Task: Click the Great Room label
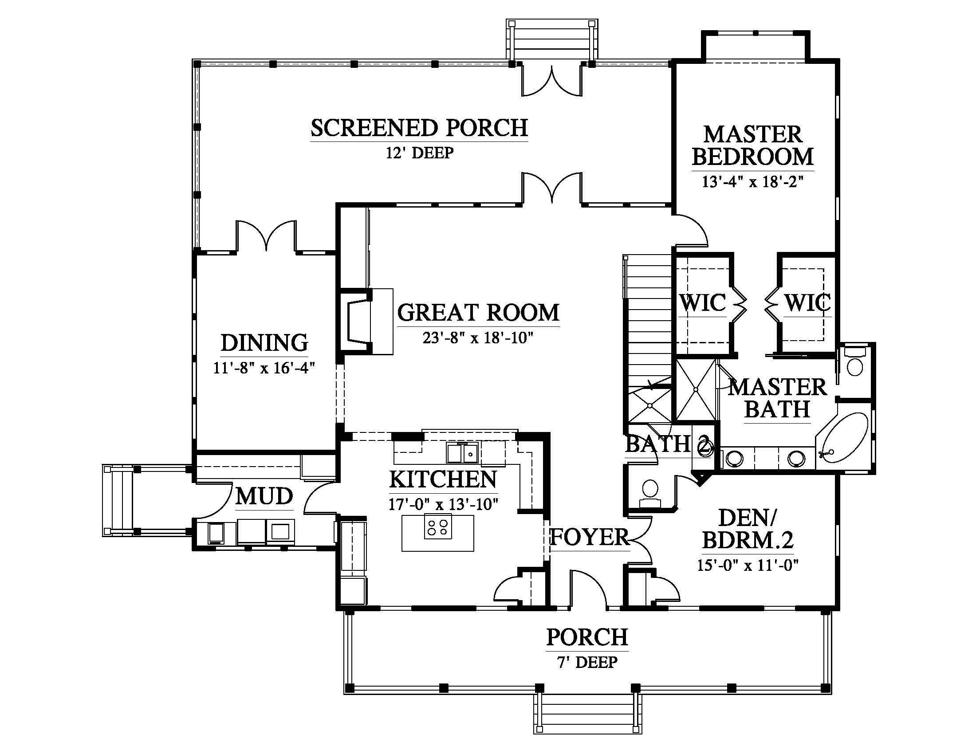tap(478, 313)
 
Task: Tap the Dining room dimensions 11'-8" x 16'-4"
tap(264, 368)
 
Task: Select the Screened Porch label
tap(419, 128)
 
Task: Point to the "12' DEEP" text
tap(420, 153)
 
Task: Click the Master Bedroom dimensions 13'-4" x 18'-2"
tap(753, 182)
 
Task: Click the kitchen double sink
tap(462, 453)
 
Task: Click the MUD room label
tap(264, 496)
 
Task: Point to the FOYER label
tap(589, 537)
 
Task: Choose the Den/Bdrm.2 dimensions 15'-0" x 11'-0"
tap(748, 565)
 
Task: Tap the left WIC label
tap(703, 303)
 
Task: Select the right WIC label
tap(807, 303)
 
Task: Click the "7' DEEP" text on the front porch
tap(587, 662)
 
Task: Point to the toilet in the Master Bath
tap(855, 362)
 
